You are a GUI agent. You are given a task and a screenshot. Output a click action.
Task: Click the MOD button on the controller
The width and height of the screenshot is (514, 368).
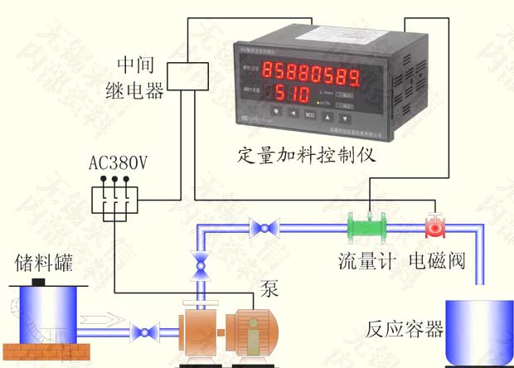[310, 114]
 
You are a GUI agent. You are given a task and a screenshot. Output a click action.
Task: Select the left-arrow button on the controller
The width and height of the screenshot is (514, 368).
[293, 114]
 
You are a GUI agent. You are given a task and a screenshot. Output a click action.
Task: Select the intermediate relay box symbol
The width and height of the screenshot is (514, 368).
[188, 76]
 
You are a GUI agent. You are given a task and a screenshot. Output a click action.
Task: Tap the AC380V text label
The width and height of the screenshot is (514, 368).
[119, 163]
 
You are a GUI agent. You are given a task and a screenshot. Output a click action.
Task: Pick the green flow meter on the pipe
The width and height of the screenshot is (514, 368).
[368, 225]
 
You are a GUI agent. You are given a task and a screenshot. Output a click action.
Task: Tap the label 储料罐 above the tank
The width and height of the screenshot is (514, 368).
[43, 264]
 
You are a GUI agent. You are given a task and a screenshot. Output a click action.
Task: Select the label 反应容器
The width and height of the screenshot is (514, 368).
[404, 329]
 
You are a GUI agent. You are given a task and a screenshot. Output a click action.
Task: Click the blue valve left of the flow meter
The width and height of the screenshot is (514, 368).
[265, 225]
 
